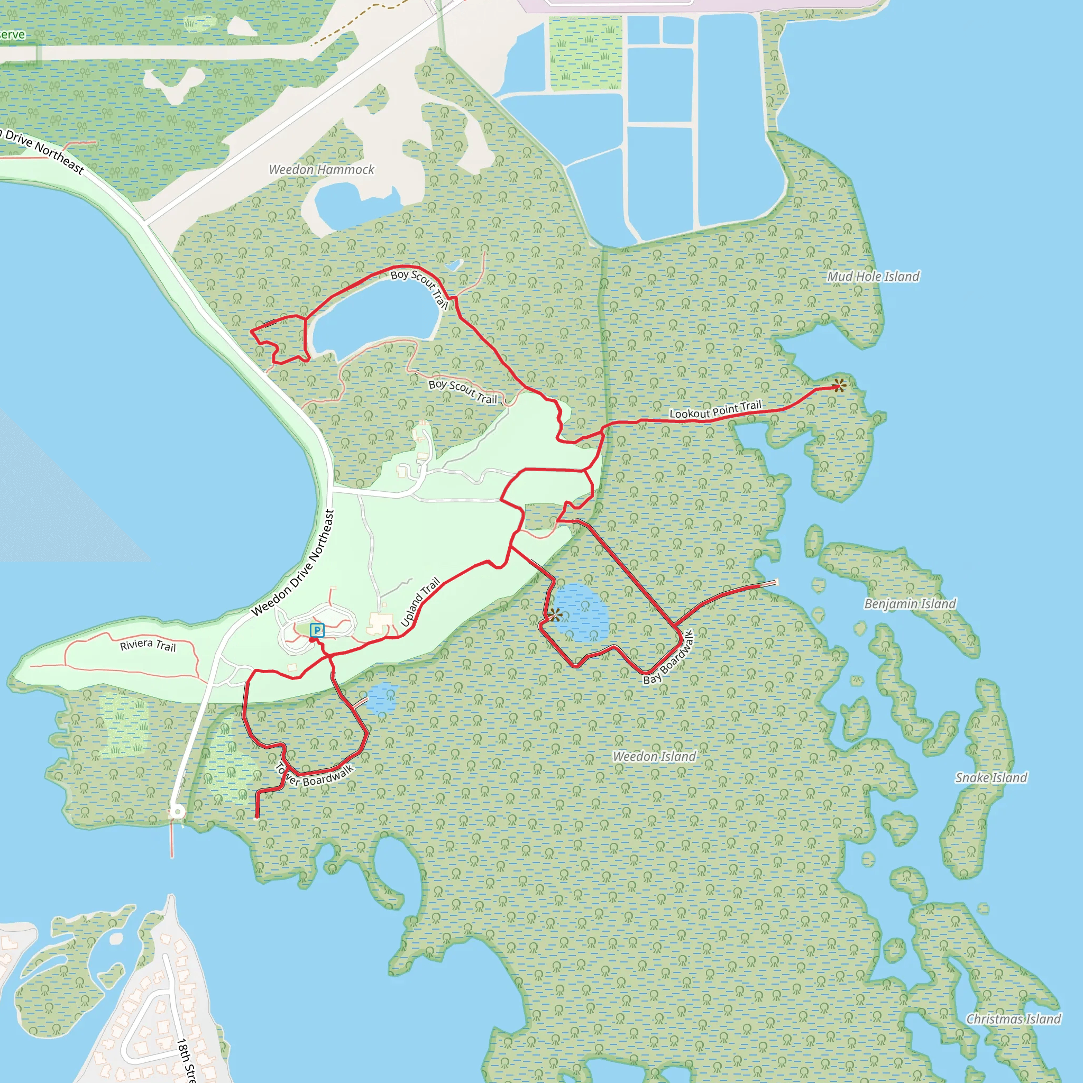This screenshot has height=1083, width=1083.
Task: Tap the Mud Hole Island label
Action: (874, 277)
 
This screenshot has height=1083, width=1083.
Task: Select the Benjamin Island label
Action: (910, 604)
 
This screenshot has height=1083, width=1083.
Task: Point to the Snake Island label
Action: (991, 777)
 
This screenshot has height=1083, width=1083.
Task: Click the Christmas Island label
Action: (1014, 1019)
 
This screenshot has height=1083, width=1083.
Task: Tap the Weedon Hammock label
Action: (321, 169)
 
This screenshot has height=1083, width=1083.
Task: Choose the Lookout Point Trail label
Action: (715, 410)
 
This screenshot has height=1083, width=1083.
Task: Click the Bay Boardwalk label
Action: (668, 657)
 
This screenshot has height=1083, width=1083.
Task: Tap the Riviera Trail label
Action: (148, 645)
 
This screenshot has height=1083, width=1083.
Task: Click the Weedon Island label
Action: (654, 756)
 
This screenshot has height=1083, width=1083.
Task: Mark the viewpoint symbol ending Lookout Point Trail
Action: (839, 385)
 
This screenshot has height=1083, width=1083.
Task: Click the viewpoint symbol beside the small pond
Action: (554, 615)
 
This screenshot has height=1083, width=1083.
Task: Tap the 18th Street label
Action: (186, 1059)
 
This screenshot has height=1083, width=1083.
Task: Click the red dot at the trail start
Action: (311, 640)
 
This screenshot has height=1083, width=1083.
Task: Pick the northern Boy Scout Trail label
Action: (419, 289)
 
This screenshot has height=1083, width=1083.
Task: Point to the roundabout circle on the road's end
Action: (178, 812)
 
